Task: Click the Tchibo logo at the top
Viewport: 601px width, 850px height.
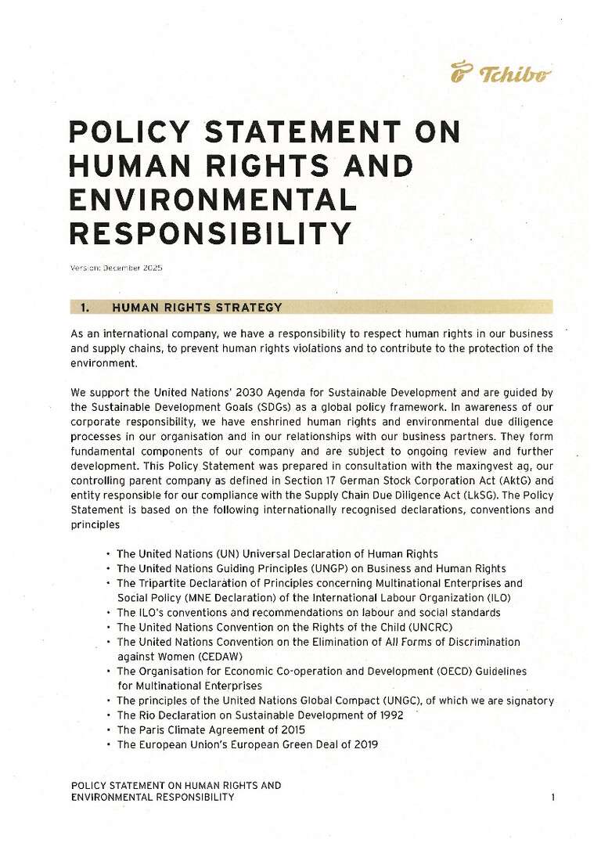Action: [x=501, y=74]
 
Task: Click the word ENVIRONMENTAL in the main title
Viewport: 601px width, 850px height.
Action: [x=213, y=200]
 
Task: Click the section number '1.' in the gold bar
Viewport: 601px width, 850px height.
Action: [x=87, y=307]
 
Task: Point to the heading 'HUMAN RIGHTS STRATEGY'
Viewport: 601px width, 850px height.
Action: [x=197, y=307]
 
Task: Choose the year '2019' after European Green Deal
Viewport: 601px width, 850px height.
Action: [x=364, y=744]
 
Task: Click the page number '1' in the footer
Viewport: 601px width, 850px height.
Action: [x=552, y=798]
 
